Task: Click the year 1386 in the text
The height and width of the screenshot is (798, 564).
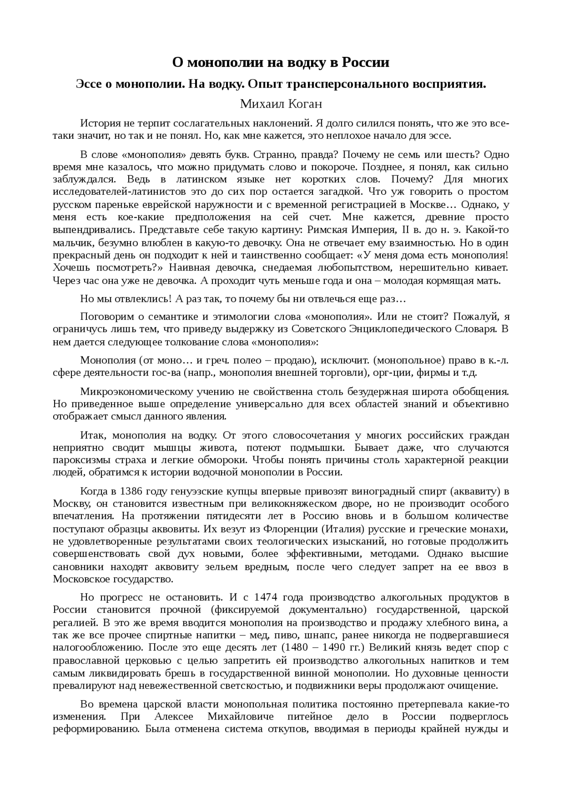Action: coord(131,491)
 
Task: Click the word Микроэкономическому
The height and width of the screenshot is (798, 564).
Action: coord(137,391)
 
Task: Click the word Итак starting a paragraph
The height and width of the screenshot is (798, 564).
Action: coord(94,435)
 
